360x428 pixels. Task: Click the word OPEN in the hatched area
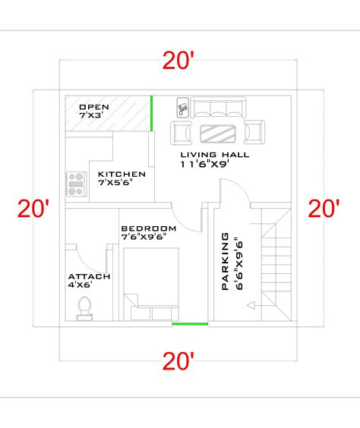tap(95, 107)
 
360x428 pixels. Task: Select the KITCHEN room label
tap(118, 174)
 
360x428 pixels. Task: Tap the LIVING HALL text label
tap(214, 154)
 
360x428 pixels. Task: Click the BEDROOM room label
tap(148, 228)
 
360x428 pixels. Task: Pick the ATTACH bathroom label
tap(90, 276)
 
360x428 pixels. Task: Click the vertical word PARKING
tap(226, 262)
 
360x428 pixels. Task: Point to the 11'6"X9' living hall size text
tap(204, 163)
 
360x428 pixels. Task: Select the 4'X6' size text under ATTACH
tap(81, 285)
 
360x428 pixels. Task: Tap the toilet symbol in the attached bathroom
tap(84, 307)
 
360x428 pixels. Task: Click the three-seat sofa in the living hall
tap(218, 108)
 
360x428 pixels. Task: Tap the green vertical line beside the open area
tap(151, 111)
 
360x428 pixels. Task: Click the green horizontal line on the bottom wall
tap(189, 324)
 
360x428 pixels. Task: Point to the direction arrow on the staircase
tap(251, 306)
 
